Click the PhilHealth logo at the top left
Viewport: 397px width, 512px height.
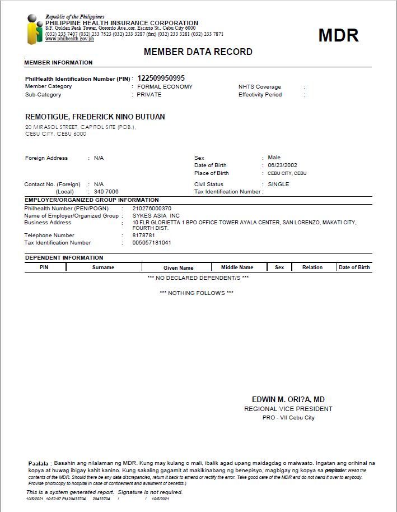34,30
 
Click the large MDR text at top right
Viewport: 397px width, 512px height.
338,35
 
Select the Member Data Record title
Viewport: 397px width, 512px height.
198,52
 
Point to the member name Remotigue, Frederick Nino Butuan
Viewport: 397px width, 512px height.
95,117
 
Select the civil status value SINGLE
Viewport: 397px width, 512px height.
278,184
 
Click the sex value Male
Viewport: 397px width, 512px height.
274,158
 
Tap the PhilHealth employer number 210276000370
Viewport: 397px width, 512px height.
152,208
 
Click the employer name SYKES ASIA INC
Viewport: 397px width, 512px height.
156,215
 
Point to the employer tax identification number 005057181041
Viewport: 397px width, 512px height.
152,243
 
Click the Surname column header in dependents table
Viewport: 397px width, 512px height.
103,267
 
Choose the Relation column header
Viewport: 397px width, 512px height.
312,267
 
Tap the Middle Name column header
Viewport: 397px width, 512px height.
237,267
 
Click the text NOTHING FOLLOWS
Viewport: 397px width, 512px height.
197,293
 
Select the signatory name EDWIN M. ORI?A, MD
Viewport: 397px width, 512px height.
288,399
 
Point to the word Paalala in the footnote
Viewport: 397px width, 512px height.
39,463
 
